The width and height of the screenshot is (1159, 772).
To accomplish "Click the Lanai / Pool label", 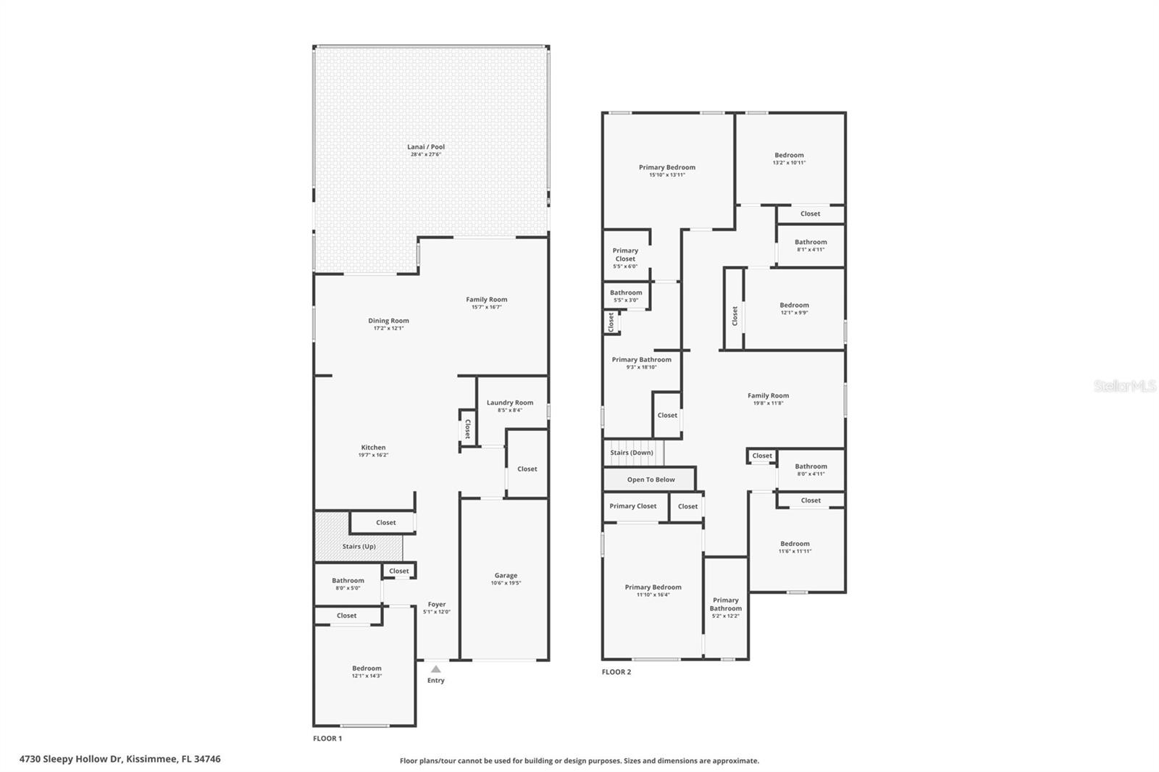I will [x=426, y=147].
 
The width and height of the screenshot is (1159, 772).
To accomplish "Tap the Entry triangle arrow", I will [x=435, y=669].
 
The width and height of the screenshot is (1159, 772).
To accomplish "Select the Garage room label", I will [x=506, y=576].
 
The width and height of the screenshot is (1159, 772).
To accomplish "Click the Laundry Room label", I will [x=510, y=403].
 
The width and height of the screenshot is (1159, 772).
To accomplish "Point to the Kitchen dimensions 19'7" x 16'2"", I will [x=373, y=456].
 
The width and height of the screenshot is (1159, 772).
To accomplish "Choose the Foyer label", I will [x=437, y=604].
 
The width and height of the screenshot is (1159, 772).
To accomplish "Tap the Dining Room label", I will [x=388, y=321].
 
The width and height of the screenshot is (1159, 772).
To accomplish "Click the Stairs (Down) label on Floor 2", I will [x=632, y=453].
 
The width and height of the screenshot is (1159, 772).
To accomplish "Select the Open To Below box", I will [x=650, y=479].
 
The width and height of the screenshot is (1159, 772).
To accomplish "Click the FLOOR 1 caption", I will [x=327, y=739].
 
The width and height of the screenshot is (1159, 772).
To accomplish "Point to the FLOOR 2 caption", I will [x=616, y=672].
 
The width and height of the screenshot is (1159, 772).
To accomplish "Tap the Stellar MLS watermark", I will [x=1124, y=386].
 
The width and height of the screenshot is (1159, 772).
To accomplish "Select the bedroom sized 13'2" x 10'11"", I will [x=789, y=159].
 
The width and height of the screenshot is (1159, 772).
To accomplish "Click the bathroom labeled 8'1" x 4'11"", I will [x=811, y=246].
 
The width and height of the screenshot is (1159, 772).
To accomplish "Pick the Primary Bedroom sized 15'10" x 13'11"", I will [x=667, y=171].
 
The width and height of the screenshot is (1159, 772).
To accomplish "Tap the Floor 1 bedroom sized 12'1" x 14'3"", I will [x=367, y=672].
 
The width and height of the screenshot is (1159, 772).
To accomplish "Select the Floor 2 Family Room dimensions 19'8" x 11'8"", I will [x=768, y=403].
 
